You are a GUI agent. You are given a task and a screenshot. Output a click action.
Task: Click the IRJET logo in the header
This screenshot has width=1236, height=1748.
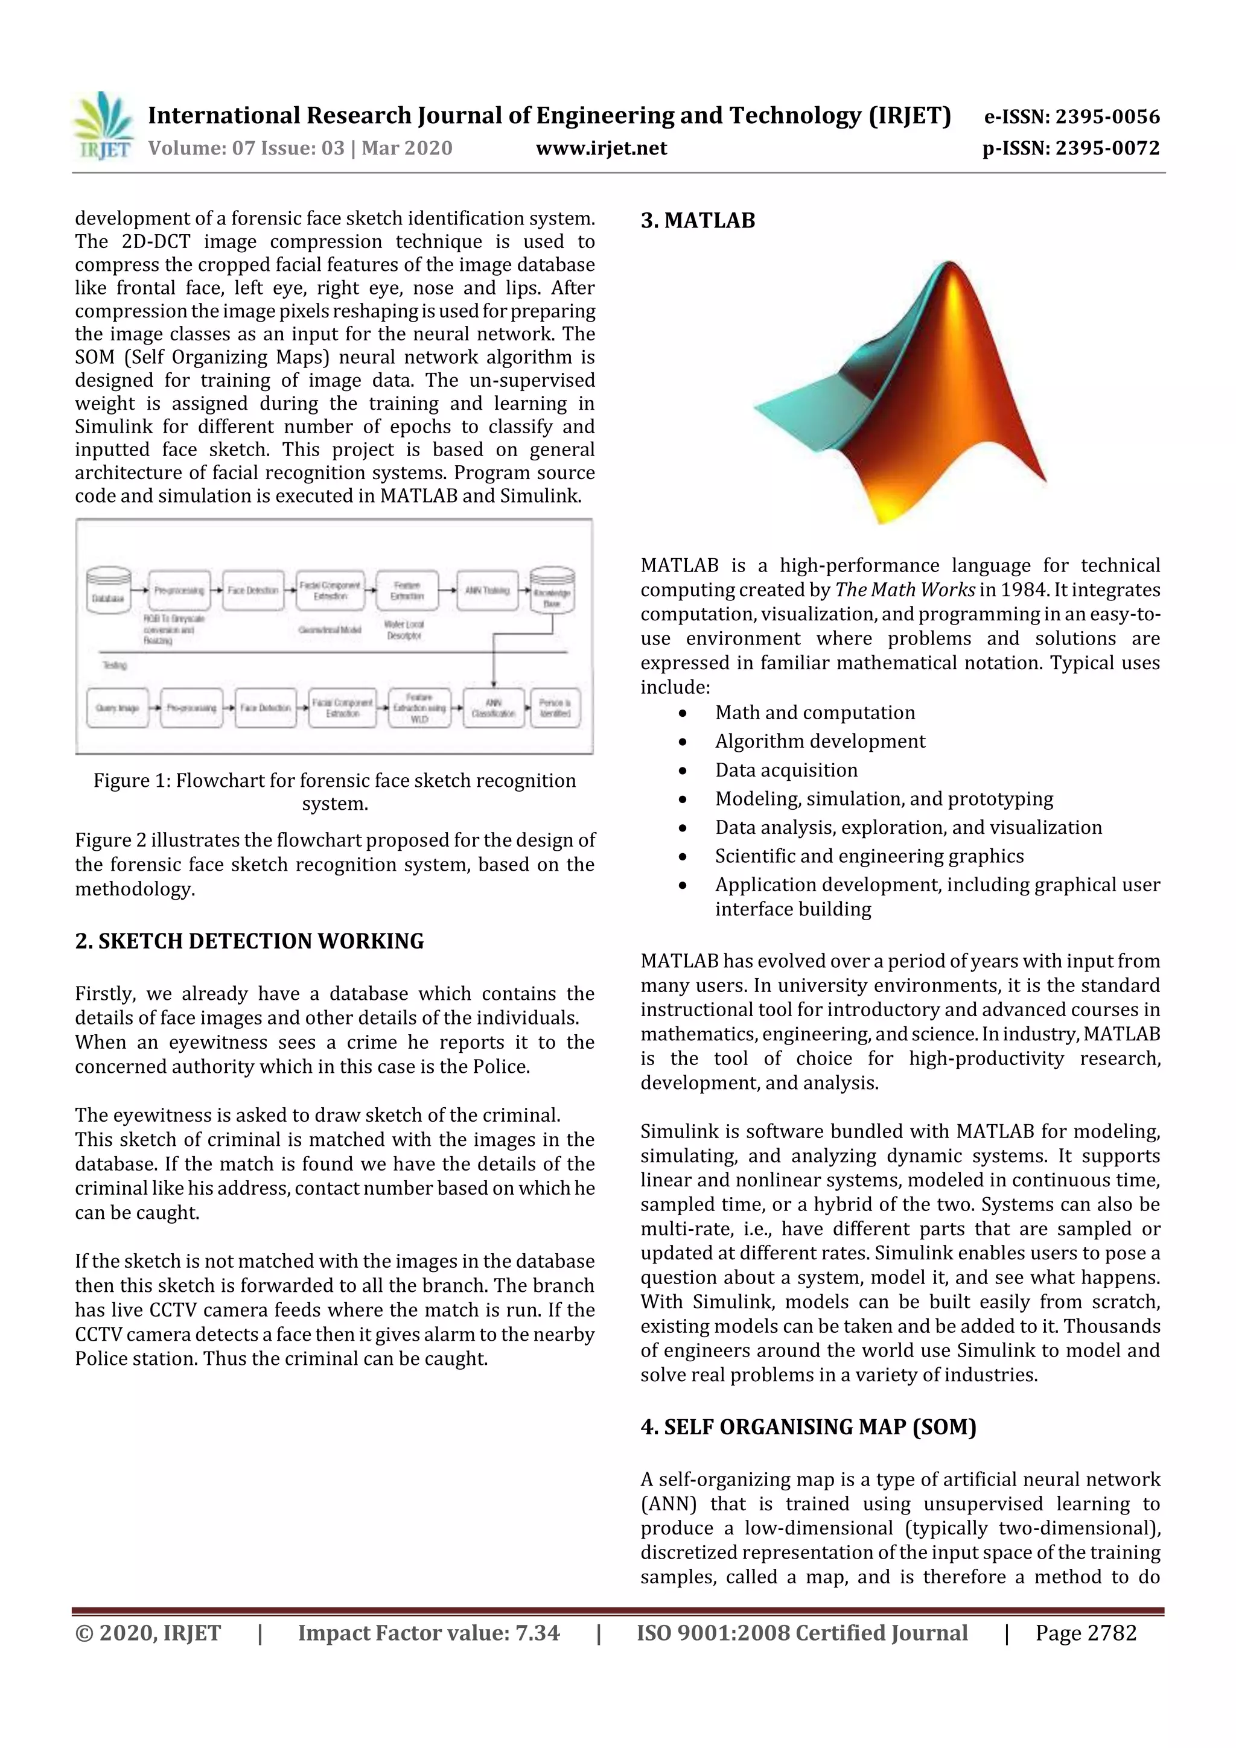(x=103, y=126)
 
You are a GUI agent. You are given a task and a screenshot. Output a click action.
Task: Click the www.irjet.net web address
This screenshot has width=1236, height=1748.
(x=601, y=148)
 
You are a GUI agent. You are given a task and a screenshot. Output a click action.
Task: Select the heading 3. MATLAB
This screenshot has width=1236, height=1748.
(x=698, y=221)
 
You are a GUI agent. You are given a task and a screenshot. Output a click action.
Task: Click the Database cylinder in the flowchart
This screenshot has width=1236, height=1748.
(x=108, y=590)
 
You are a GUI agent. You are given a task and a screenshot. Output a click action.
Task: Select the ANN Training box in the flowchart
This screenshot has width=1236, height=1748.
(x=488, y=590)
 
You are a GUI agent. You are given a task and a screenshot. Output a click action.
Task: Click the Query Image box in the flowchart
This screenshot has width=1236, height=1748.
(x=117, y=708)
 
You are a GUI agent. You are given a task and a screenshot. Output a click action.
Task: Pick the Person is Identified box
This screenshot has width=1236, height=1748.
(x=555, y=708)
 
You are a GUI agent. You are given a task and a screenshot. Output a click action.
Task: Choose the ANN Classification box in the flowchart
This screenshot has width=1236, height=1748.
(x=494, y=708)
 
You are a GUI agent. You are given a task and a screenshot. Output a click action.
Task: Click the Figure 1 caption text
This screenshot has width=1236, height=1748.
(x=334, y=791)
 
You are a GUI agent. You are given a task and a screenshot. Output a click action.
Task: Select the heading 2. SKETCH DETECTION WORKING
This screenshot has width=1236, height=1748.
(x=249, y=941)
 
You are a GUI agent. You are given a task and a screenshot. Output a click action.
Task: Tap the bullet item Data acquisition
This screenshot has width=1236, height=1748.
(x=786, y=770)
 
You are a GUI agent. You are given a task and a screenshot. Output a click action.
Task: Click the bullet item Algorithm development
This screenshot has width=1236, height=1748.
(x=820, y=741)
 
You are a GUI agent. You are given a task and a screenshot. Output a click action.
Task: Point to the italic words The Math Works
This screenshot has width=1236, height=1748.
(x=905, y=590)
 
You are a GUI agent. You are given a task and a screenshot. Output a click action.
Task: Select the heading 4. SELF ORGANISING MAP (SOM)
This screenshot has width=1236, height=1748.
(x=808, y=1427)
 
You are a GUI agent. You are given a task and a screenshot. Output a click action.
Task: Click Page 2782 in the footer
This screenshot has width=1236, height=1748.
(x=1085, y=1632)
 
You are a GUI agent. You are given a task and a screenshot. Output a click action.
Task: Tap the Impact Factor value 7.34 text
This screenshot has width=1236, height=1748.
(x=428, y=1632)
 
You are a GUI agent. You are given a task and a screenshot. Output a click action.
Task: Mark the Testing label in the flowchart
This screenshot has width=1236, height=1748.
(x=115, y=665)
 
